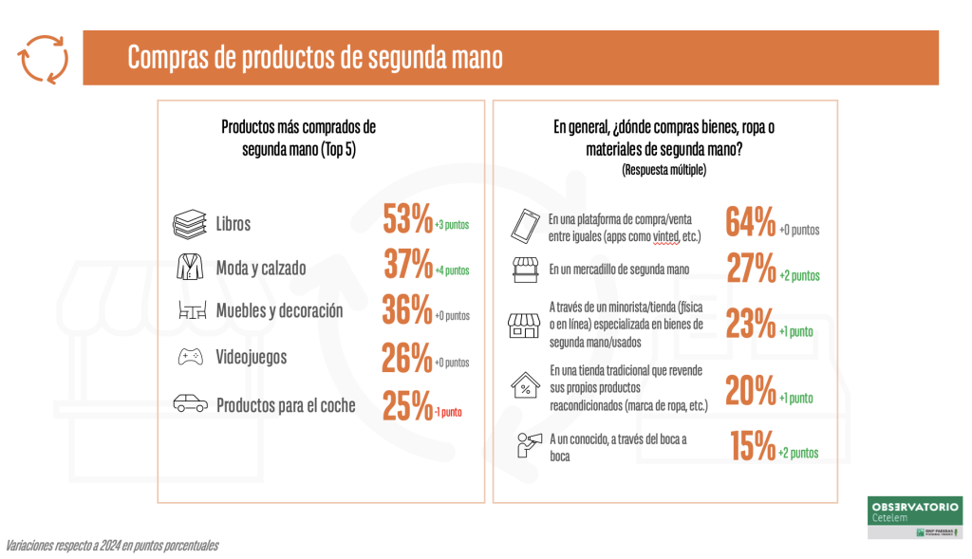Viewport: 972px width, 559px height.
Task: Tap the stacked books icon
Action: pyautogui.click(x=189, y=224)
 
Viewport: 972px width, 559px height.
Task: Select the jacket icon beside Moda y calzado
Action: pyautogui.click(x=190, y=267)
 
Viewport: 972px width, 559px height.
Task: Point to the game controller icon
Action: pyautogui.click(x=190, y=357)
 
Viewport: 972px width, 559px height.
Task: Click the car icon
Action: pyautogui.click(x=190, y=404)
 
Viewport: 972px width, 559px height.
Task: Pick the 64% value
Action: pyautogui.click(x=750, y=221)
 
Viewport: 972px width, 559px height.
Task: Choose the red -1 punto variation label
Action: pyautogui.click(x=449, y=412)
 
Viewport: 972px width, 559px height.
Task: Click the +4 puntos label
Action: pyautogui.click(x=452, y=270)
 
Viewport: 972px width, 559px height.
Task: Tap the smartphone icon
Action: pyautogui.click(x=525, y=224)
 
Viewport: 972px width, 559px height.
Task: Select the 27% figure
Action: pyautogui.click(x=751, y=269)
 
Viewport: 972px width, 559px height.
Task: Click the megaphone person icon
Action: pyautogui.click(x=524, y=444)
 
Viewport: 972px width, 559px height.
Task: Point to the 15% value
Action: pyautogui.click(x=753, y=446)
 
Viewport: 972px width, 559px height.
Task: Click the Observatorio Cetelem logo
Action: pyautogui.click(x=915, y=517)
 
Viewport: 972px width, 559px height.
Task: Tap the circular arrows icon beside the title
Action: pyautogui.click(x=44, y=59)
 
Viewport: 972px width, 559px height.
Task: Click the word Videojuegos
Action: pyautogui.click(x=251, y=358)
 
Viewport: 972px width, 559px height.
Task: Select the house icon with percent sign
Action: pyautogui.click(x=524, y=386)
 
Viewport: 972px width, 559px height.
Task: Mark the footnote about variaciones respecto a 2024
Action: pyautogui.click(x=112, y=546)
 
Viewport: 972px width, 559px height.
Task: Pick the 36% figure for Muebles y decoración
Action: pyautogui.click(x=407, y=310)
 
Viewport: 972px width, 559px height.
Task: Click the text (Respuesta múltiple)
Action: pyautogui.click(x=664, y=170)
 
